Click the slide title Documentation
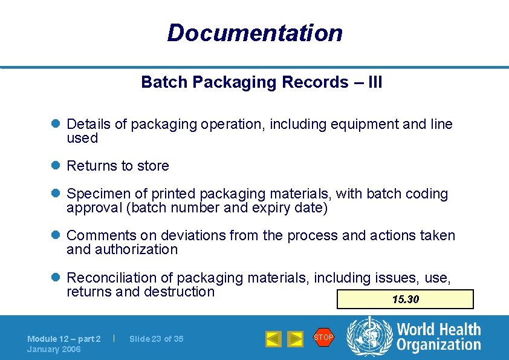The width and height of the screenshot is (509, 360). tap(254, 33)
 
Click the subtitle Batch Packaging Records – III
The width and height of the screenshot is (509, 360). tap(261, 82)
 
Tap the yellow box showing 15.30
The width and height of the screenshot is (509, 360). tap(405, 299)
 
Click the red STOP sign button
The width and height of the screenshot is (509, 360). tap(323, 338)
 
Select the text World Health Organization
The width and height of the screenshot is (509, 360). tap(438, 338)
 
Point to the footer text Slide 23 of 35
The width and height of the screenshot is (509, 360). tap(156, 339)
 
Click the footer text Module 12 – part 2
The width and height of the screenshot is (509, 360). tap(64, 339)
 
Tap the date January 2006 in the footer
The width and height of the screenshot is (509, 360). tap(54, 349)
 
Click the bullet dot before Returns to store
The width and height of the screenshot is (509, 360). tap(54, 166)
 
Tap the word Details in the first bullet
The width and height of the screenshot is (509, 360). tap(88, 125)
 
